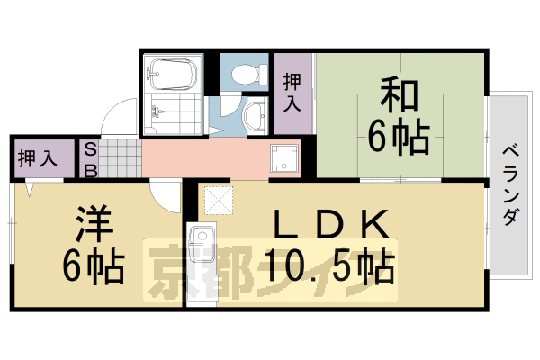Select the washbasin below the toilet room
click(x=255, y=114)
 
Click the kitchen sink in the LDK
click(x=200, y=241)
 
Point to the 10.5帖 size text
click(x=329, y=265)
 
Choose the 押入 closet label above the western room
click(x=39, y=158)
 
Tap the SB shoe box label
click(x=91, y=158)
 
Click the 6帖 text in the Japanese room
click(x=397, y=137)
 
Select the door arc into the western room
click(x=166, y=193)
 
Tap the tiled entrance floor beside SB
click(x=121, y=158)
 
